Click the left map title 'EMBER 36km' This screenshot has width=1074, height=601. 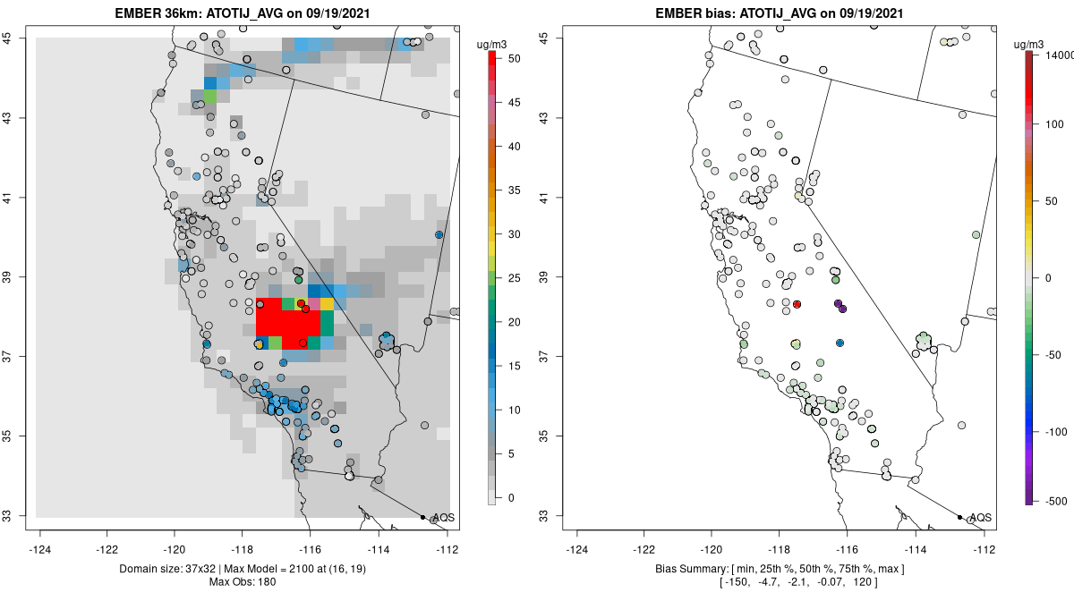tap(244, 13)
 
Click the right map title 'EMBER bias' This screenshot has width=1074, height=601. tap(781, 13)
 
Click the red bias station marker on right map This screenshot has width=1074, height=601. tap(797, 304)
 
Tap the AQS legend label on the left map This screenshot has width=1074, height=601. tap(444, 518)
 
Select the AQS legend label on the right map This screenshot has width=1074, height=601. tap(981, 518)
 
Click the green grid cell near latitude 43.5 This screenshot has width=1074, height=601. tap(210, 95)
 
